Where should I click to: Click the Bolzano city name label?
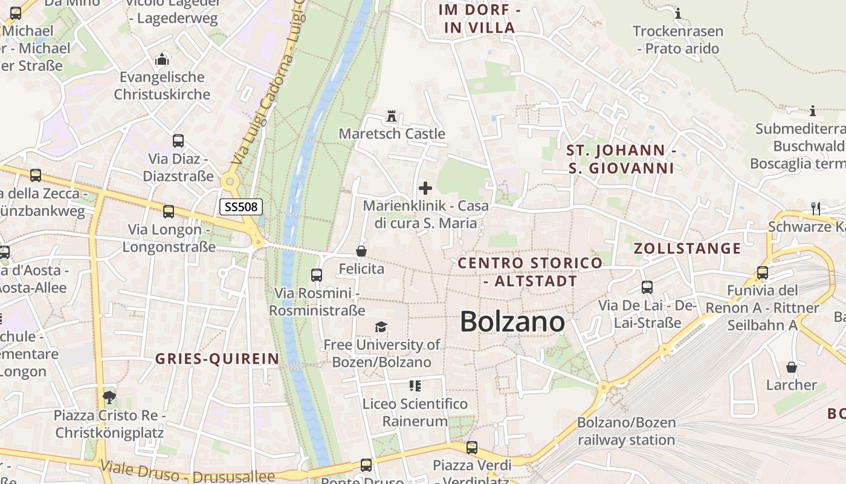point(512,322)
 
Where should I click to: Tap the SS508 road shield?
point(241,207)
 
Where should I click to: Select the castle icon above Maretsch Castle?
point(392,116)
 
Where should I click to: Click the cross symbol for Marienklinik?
point(425,188)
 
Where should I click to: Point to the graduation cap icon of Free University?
point(381,327)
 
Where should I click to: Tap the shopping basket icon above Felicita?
point(361,250)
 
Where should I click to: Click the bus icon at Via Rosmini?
point(316,275)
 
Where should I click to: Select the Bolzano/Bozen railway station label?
point(626,431)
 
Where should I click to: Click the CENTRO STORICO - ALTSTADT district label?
point(530,272)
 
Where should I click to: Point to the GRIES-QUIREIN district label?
point(218,359)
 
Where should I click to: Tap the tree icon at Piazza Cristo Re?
point(109,397)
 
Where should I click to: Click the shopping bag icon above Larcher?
point(792,367)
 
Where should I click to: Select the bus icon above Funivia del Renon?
point(763,273)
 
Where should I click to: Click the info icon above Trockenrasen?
point(678,13)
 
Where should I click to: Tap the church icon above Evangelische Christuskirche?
point(162,59)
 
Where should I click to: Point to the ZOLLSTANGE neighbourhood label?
point(687,248)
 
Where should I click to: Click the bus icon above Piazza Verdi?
point(472,448)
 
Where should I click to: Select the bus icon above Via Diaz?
point(178,141)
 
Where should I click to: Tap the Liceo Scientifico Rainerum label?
point(415,412)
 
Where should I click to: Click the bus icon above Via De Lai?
point(647,287)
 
